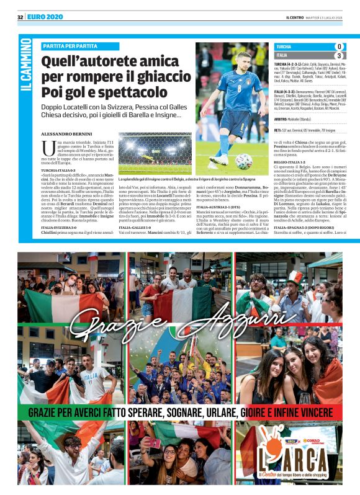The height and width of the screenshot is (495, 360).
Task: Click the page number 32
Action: coord(20,17)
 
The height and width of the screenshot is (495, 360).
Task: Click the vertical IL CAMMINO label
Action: coord(25,68)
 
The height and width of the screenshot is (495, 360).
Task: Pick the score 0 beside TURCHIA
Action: coord(338,47)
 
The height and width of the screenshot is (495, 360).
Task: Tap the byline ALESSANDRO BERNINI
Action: coord(66,133)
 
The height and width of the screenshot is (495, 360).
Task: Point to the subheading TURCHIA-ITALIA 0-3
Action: coord(59,169)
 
